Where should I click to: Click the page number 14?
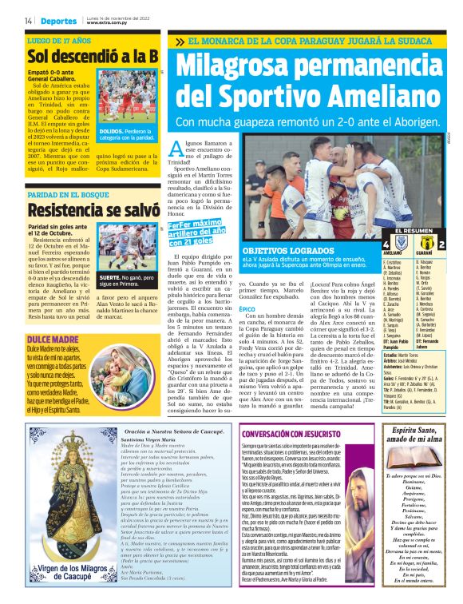[x=28, y=20]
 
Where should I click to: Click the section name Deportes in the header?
[x=58, y=20]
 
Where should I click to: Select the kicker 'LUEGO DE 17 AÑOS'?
[x=59, y=38]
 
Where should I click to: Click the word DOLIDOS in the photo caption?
[x=110, y=130]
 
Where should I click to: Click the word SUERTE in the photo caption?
[x=109, y=276]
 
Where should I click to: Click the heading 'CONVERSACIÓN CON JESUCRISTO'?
[x=287, y=432]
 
